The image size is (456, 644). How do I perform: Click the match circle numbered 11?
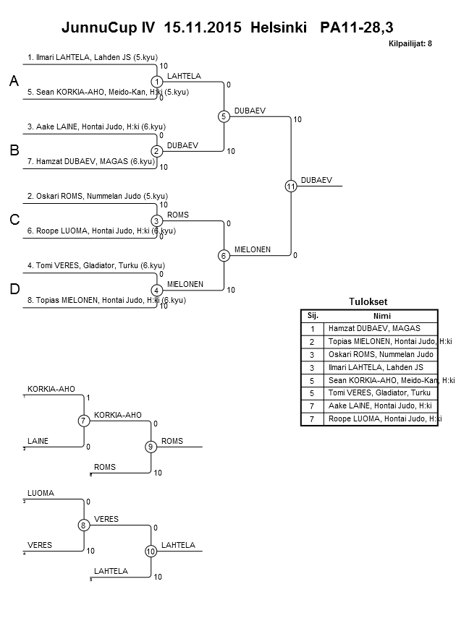point(290,186)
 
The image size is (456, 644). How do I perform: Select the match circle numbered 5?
point(224,116)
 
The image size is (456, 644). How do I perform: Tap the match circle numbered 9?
point(151,447)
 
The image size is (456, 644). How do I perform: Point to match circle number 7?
point(84,421)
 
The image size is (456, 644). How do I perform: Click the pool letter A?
point(14,82)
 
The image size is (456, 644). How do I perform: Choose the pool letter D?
point(14,289)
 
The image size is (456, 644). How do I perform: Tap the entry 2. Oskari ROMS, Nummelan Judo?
point(97,196)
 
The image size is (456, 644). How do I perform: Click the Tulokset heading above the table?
point(369,302)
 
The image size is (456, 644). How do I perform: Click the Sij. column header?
point(313,315)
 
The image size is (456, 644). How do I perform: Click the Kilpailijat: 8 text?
point(410,44)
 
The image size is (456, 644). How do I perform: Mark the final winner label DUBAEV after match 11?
point(316,180)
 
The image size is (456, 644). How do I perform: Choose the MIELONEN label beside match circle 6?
point(252,249)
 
